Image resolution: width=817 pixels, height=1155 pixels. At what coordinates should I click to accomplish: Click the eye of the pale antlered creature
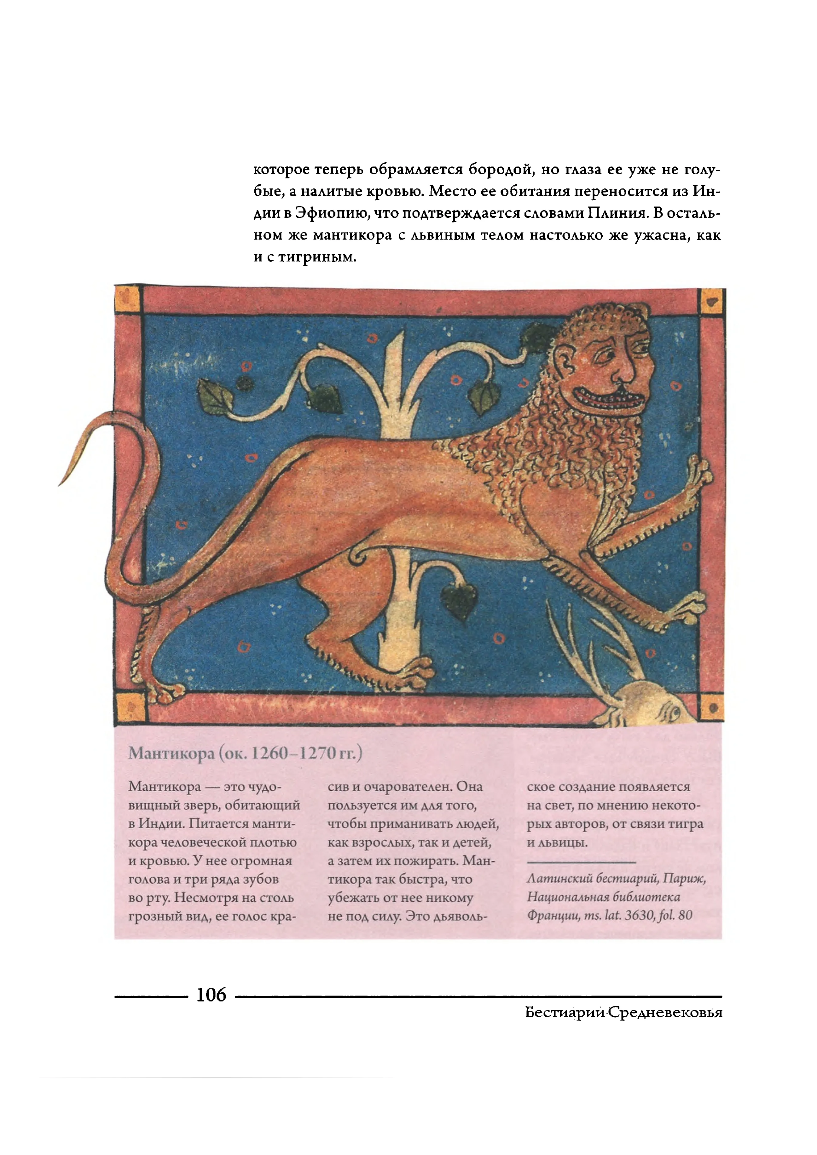click(x=674, y=712)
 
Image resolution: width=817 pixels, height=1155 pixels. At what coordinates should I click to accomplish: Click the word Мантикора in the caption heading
click(x=171, y=753)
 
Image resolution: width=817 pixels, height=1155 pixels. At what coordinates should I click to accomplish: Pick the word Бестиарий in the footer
click(x=565, y=1013)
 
